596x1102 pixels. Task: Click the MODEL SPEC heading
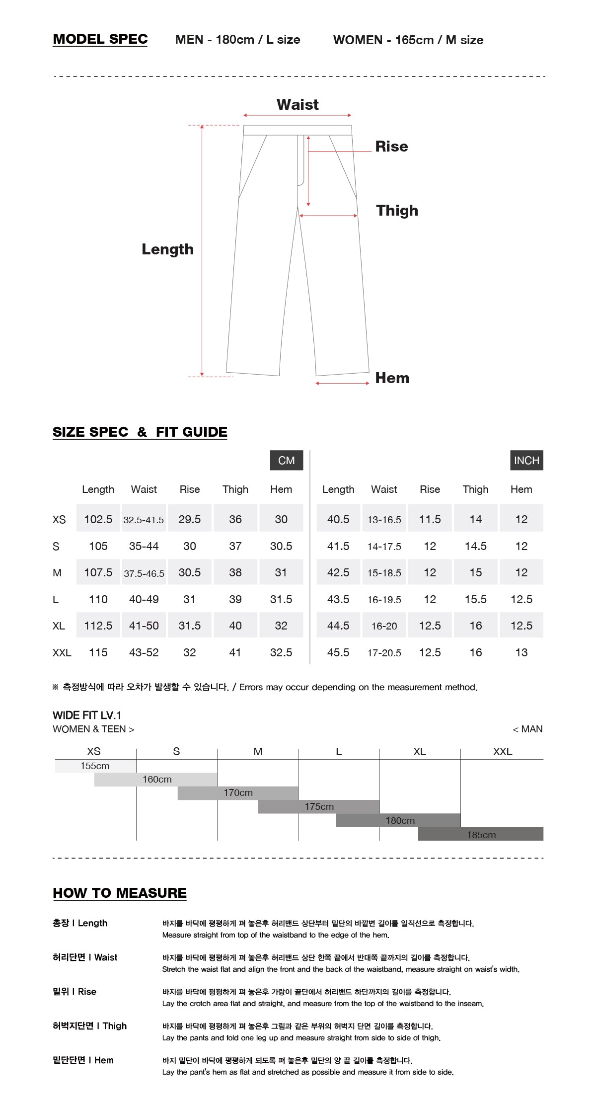[x=100, y=39]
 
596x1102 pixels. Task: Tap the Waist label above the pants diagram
[x=298, y=104]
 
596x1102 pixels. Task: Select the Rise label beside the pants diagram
[x=391, y=147]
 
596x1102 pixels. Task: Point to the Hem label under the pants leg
[x=392, y=378]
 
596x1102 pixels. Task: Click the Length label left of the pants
[x=167, y=249]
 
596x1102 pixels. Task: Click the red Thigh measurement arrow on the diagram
[x=328, y=216]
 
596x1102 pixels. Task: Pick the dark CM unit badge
[x=287, y=460]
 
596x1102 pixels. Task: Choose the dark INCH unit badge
[x=526, y=460]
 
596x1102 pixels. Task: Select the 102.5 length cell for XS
[x=98, y=519]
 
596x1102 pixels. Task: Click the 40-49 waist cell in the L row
[x=144, y=599]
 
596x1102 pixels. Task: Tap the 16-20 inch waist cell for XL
[x=384, y=626]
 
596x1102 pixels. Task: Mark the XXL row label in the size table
[x=62, y=652]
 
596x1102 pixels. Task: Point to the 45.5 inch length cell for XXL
[x=338, y=652]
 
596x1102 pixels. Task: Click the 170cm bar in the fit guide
[x=238, y=793]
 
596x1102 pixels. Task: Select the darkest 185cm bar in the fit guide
[x=481, y=835]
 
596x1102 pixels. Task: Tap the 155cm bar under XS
[x=95, y=766]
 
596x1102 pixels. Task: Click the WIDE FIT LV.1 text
[x=87, y=715]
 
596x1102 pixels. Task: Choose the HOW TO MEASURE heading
[x=120, y=893]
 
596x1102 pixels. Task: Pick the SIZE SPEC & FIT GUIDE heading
[x=140, y=432]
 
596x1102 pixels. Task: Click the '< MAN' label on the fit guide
[x=527, y=729]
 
